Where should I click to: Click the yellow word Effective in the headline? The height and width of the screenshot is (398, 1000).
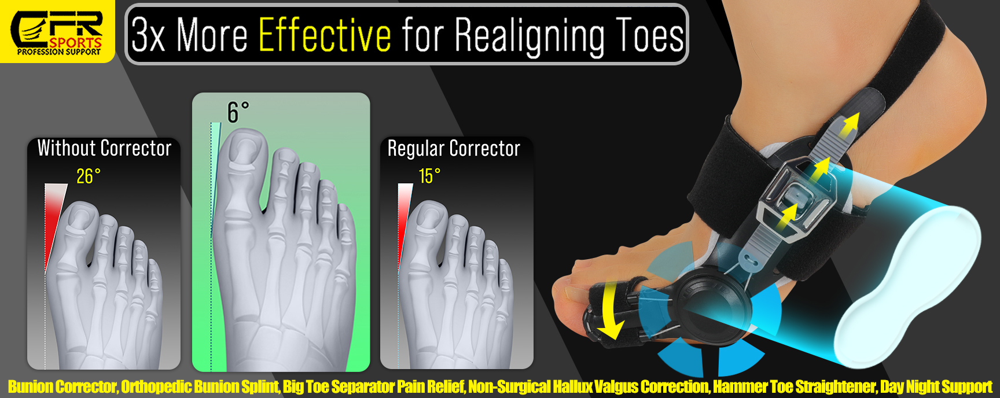325,35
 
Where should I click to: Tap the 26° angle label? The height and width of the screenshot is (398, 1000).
89,176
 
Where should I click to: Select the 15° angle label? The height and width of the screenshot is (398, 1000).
429,176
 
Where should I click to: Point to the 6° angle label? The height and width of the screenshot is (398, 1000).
238,112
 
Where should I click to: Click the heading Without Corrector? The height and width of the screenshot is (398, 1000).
104,148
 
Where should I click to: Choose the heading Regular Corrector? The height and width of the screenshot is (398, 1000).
454,149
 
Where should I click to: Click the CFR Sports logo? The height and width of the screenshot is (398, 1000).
58,31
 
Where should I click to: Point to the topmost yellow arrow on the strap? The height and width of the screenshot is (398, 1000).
849,124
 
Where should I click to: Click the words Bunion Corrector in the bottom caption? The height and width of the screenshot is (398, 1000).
62,386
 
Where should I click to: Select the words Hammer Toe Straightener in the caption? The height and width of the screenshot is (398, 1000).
795,386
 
